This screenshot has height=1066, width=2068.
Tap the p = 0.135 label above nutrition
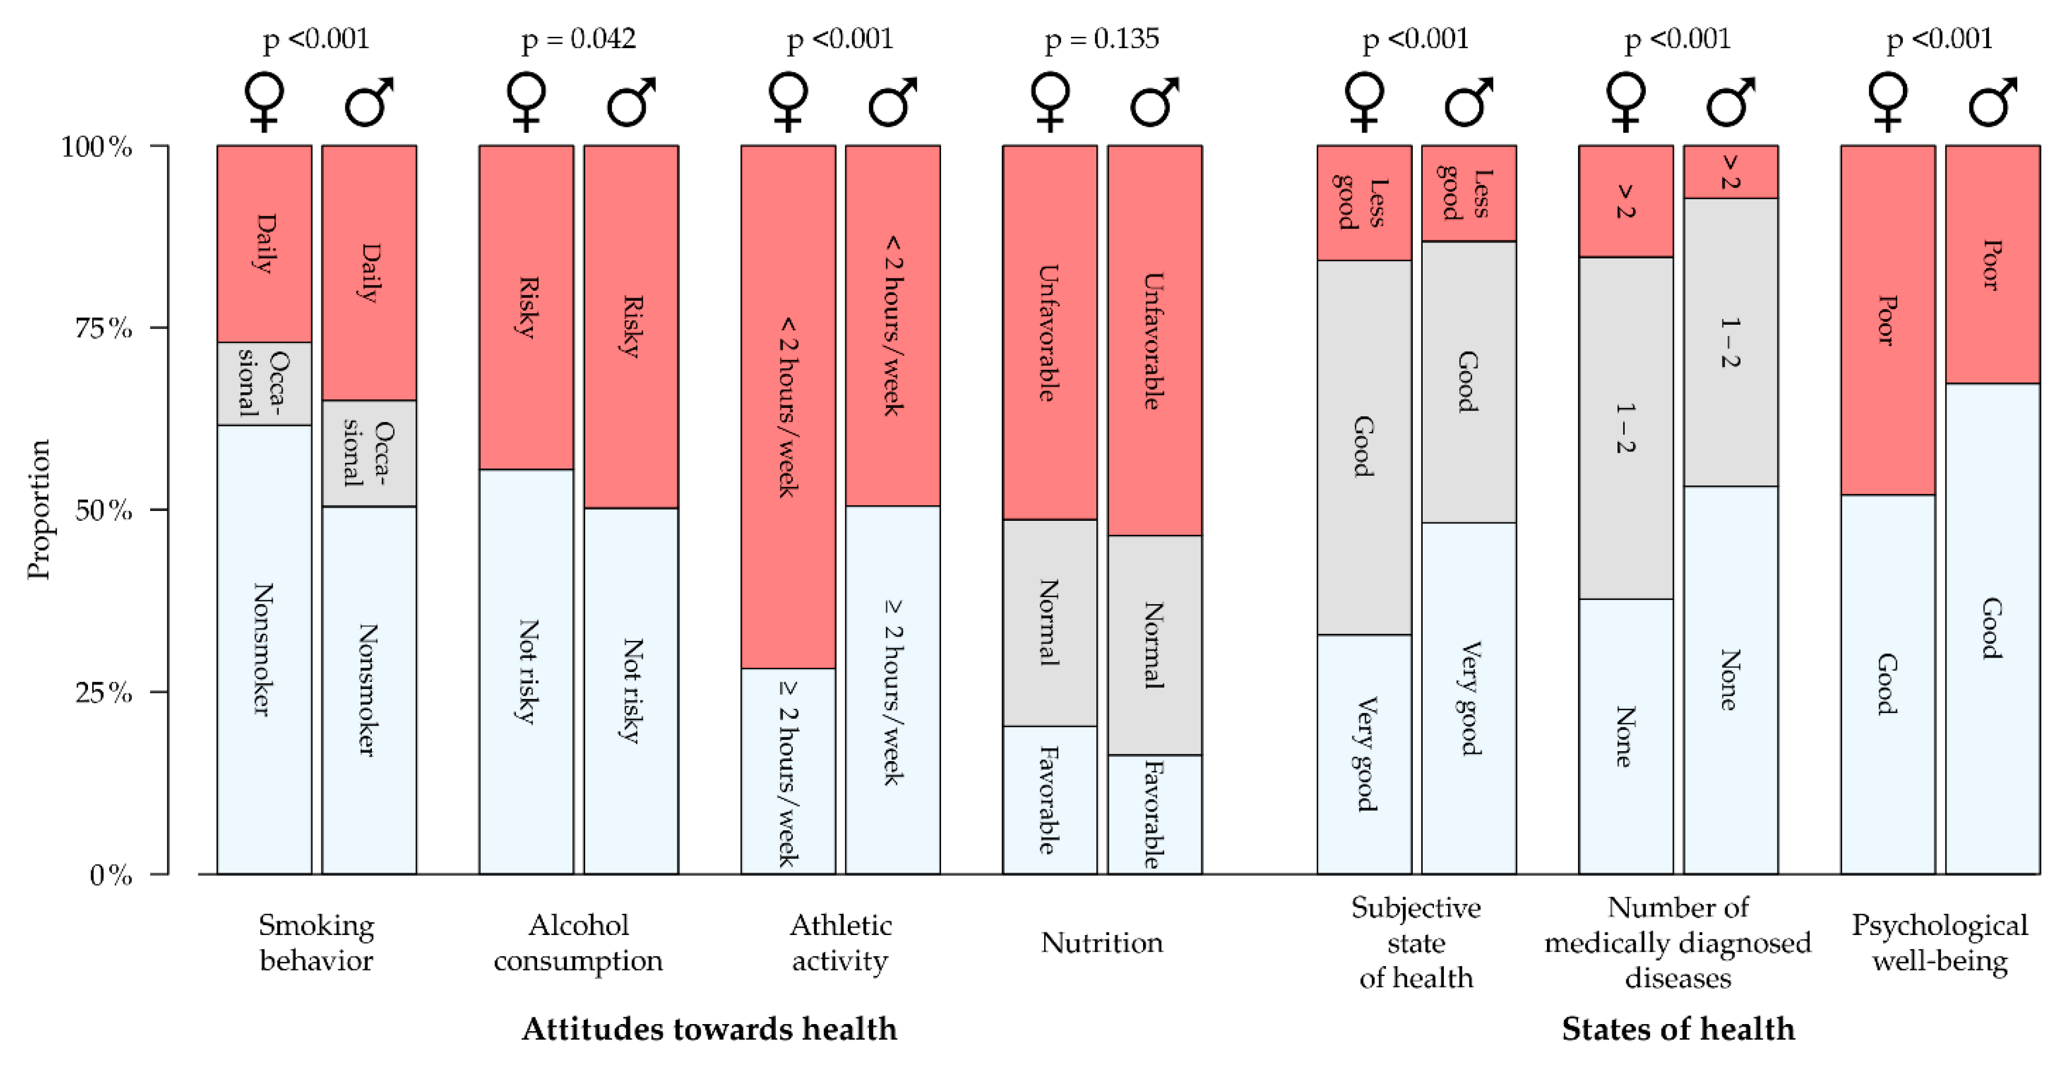coord(1102,38)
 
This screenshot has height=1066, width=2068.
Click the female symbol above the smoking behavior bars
coord(264,102)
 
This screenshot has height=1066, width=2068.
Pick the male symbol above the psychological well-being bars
coord(1992,102)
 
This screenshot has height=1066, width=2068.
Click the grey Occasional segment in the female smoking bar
coord(264,384)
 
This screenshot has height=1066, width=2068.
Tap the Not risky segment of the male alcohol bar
coord(631,690)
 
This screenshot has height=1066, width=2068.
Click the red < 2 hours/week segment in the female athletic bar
coord(788,407)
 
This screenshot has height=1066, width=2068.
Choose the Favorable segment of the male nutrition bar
coord(1154,814)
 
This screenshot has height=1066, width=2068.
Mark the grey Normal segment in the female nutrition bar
coord(1049,623)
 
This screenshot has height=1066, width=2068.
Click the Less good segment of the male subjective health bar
coord(1468,194)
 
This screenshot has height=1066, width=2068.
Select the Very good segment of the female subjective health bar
coord(1364,754)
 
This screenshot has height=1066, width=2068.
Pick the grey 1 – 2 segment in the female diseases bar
coord(1626,428)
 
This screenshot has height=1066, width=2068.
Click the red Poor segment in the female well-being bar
coord(1887,320)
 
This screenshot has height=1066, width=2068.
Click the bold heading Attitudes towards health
coord(709,1028)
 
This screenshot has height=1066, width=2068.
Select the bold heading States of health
coord(1678,1028)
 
